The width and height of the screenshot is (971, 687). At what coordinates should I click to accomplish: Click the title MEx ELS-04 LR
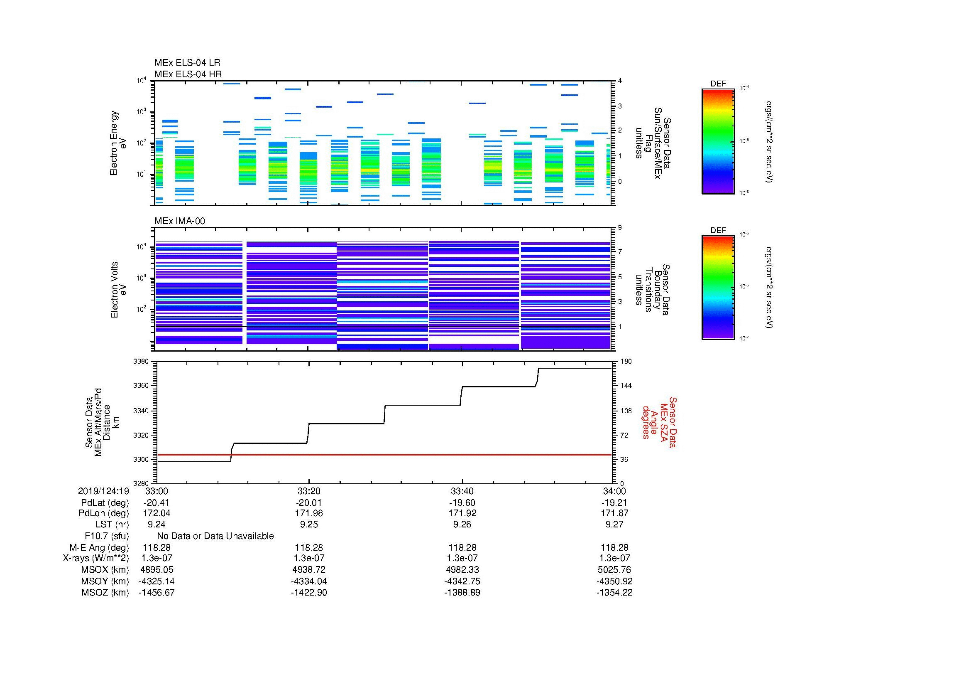[x=187, y=63]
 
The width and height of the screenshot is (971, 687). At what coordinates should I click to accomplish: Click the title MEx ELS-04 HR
[x=188, y=74]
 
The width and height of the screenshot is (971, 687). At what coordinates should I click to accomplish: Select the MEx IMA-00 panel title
[x=179, y=221]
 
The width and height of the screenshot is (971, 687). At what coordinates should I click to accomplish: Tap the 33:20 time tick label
[x=309, y=491]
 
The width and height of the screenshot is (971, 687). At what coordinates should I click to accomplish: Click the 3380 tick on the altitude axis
[x=141, y=362]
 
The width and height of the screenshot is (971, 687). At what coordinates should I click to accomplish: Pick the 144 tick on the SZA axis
[x=626, y=386]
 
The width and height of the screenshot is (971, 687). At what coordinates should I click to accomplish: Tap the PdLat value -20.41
[x=157, y=503]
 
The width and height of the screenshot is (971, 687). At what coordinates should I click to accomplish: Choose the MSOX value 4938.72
[x=309, y=570]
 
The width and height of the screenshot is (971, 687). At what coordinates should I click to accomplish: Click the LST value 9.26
[x=462, y=524]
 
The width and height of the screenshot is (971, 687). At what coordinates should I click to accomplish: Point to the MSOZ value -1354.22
[x=614, y=593]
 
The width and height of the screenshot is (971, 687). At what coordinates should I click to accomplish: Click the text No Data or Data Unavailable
[x=215, y=536]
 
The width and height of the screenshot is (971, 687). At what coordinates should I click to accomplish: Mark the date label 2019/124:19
[x=103, y=491]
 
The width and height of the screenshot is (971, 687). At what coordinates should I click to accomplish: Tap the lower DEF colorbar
[x=718, y=288]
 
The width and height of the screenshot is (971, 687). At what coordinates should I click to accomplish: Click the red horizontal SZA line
[x=381, y=455]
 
